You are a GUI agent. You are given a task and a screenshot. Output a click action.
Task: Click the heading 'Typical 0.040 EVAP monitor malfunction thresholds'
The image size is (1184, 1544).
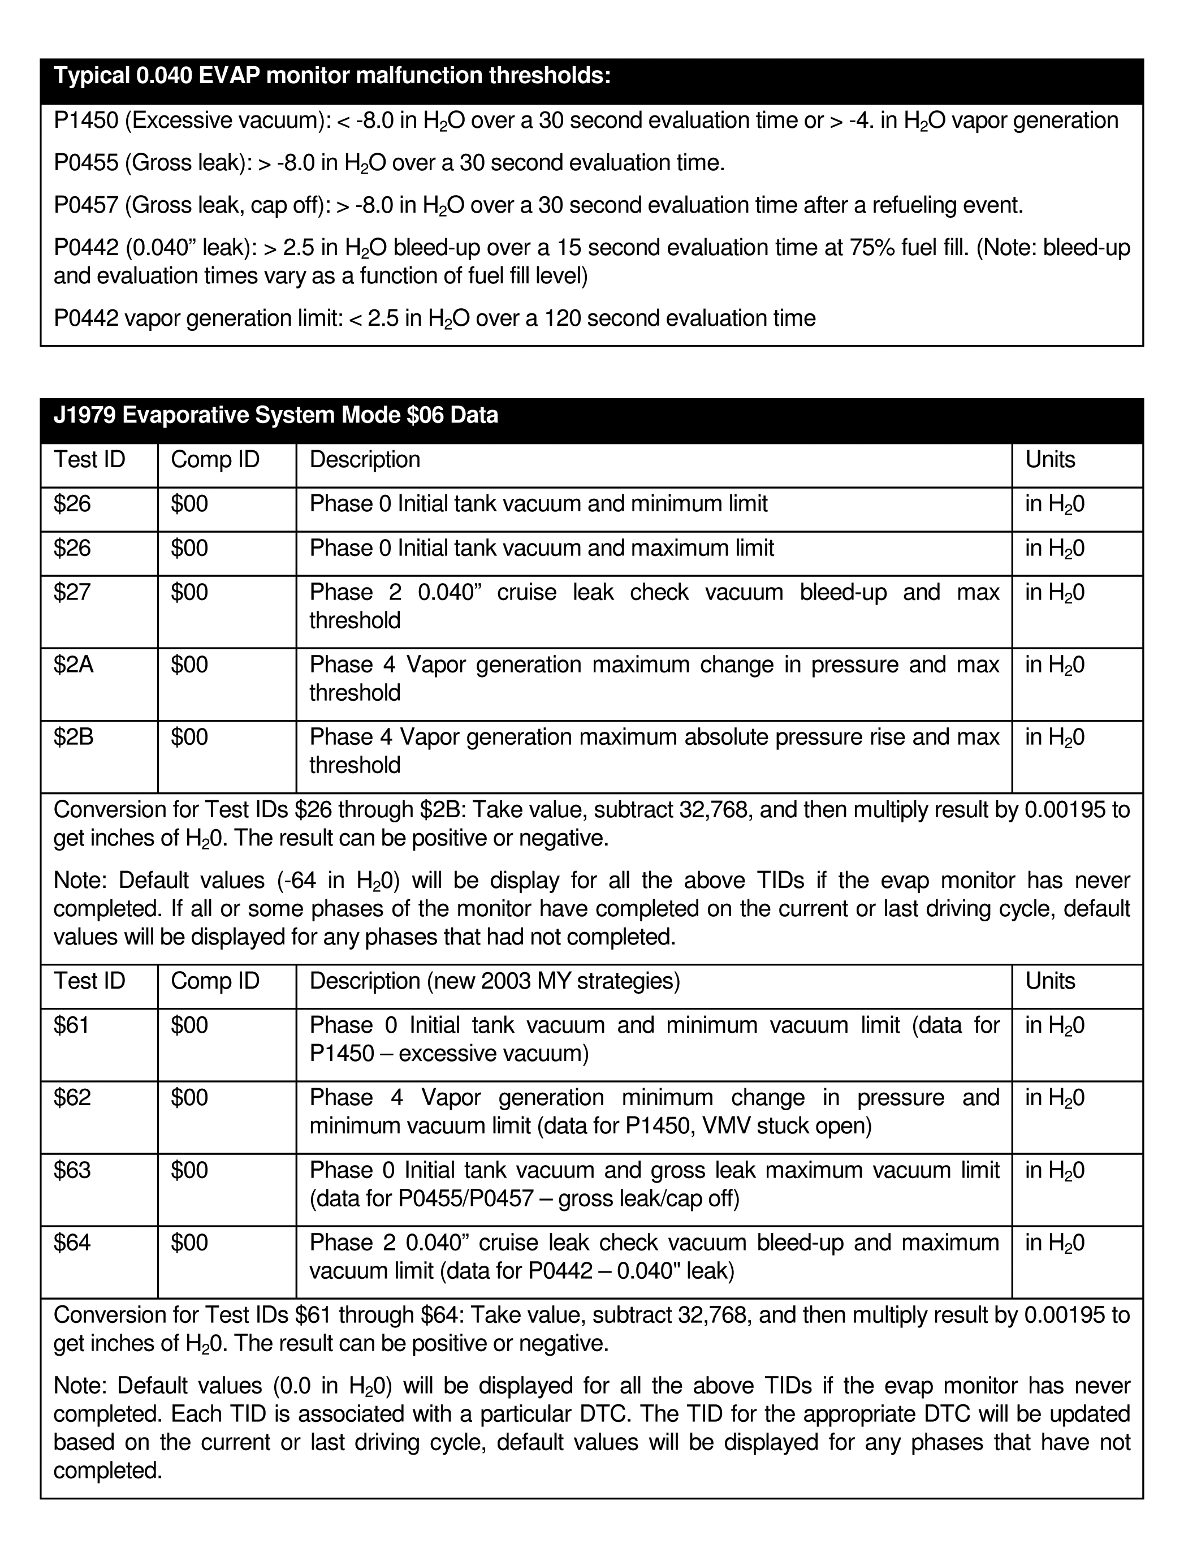[x=332, y=76]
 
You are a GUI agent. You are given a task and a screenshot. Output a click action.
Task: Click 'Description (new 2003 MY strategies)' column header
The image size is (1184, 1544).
[x=495, y=981]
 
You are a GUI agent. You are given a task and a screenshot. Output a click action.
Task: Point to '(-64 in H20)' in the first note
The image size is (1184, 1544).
[x=334, y=881]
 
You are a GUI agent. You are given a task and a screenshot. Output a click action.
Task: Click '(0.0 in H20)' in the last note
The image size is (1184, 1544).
[x=332, y=1386]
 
